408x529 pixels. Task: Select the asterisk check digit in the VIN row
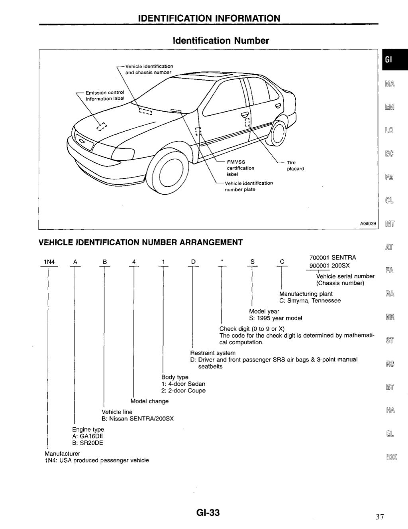(222, 262)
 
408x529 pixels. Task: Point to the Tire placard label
(295, 166)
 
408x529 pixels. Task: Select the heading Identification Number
(221, 41)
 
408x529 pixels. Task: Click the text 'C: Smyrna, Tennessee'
(310, 301)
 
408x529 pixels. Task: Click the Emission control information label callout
(105, 96)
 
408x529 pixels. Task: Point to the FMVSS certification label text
(240, 168)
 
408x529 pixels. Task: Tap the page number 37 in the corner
(379, 517)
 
